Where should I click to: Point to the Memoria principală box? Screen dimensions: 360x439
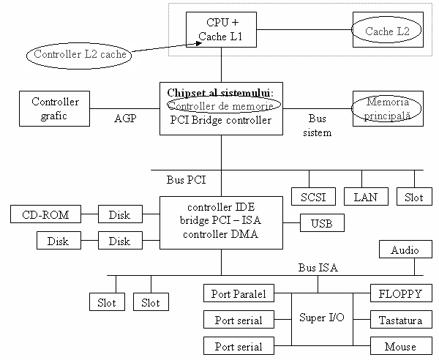(x=389, y=109)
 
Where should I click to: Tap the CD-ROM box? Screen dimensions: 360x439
(x=45, y=214)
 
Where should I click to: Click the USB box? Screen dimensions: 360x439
(x=322, y=223)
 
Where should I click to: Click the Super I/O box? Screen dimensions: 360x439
(x=322, y=318)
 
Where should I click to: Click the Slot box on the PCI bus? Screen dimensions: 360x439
(x=413, y=196)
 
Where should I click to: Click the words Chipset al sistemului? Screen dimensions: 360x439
(x=219, y=92)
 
